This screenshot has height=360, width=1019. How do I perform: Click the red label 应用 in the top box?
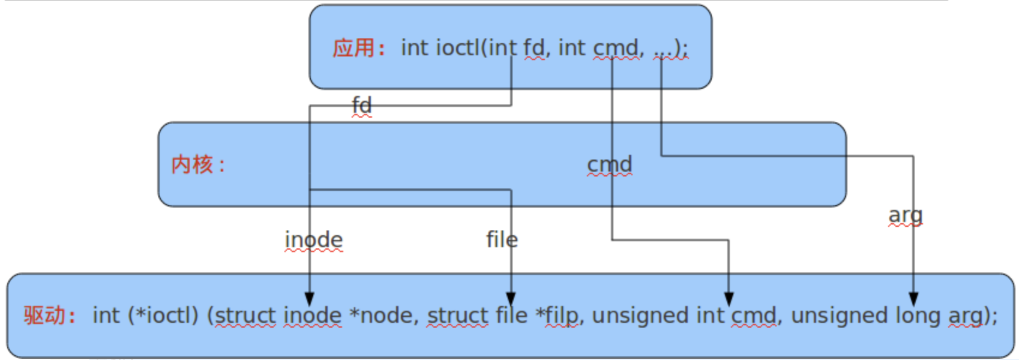coord(354,48)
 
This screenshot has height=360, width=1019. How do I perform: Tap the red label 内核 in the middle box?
coord(192,164)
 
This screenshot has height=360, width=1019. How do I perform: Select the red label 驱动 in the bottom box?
coord(44,315)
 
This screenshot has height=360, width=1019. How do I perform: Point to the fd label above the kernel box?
coord(362,105)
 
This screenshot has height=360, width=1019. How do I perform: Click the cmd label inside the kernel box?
coord(610,164)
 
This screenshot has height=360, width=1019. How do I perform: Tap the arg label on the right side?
coord(905,215)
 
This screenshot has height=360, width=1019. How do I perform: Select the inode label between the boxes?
coord(314,239)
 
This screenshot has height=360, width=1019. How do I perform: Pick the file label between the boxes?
coord(502,239)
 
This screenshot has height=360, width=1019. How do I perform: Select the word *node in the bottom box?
coord(384,316)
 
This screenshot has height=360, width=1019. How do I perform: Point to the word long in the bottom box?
coord(918,316)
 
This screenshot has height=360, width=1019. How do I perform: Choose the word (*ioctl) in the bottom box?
coord(163,316)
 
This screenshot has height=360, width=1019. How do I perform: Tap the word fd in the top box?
coord(534,47)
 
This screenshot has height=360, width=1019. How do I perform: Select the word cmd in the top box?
coord(616,48)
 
